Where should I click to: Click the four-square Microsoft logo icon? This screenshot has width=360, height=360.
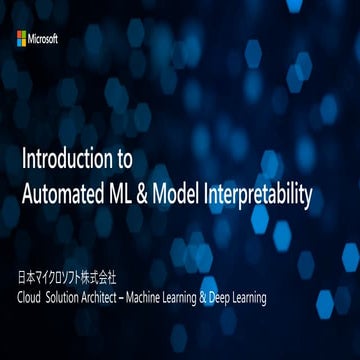(22, 38)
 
